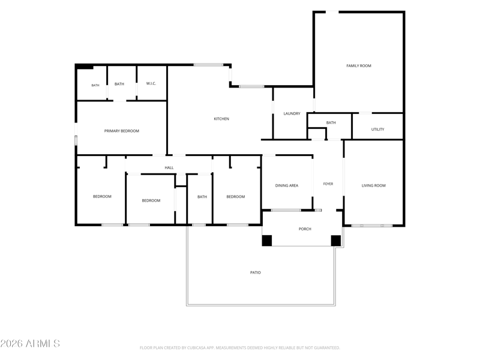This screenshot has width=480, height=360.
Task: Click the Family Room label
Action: click(x=359, y=66)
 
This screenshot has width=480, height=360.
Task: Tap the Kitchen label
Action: click(x=221, y=119)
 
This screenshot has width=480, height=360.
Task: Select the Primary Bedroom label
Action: click(x=122, y=131)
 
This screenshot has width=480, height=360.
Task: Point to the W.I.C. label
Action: click(x=151, y=83)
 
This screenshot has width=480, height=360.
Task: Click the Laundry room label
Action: click(x=292, y=113)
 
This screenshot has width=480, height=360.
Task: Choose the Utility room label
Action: click(x=378, y=130)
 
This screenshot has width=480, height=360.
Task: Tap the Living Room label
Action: click(x=373, y=185)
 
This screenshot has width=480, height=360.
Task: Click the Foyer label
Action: click(x=328, y=184)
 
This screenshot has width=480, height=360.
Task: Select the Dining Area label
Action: click(x=287, y=185)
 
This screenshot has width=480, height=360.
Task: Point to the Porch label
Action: click(x=305, y=229)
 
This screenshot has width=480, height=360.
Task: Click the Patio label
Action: click(x=256, y=272)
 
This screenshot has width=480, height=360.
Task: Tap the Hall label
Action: click(x=169, y=168)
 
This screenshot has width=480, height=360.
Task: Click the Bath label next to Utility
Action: click(x=331, y=123)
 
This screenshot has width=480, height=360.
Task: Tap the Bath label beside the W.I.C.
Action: click(x=119, y=84)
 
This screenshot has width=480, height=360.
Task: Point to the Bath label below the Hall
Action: click(x=202, y=197)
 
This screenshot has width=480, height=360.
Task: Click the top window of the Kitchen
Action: click(x=208, y=65)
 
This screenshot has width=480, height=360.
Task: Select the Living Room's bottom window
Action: click(x=371, y=226)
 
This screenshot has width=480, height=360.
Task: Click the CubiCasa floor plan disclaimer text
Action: click(x=239, y=348)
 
